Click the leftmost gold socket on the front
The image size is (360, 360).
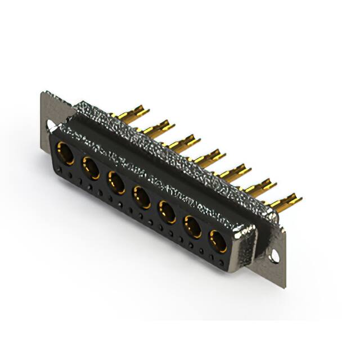pos(65,153)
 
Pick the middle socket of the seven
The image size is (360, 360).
pos(141,197)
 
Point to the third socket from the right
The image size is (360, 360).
pos(167,212)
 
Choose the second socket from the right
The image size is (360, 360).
pos(192,227)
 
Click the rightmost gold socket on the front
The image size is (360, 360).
pos(218,241)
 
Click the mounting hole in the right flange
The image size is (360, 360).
pos(274,256)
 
